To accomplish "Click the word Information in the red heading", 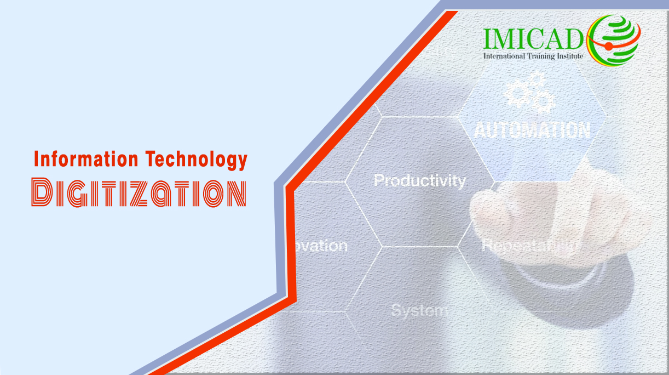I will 86,160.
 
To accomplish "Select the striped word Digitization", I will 139,192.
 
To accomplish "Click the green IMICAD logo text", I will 534,38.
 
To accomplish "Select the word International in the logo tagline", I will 504,56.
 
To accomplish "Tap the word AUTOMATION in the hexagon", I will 532,130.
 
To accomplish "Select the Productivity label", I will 419,180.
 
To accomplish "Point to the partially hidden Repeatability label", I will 528,245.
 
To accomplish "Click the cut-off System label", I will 419,310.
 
